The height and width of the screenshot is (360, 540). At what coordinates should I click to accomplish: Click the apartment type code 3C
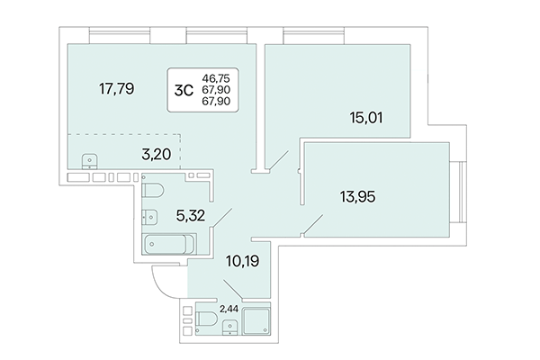point(183,89)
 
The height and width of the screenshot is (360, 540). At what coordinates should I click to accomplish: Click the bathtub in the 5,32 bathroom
point(169,245)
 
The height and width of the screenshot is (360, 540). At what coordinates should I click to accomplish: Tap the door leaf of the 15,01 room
point(278,160)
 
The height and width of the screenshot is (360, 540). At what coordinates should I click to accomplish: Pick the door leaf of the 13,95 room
point(313,225)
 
